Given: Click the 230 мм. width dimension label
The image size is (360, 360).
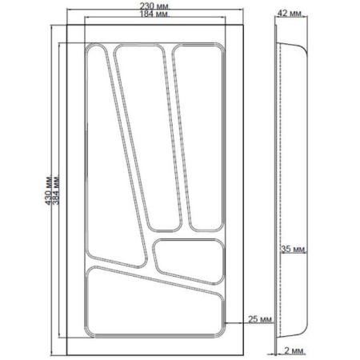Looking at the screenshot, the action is pos(155,6).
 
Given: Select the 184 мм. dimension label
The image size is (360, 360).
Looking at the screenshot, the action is pos(155,14).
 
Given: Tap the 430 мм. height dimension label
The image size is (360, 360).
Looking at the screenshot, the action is pos(48,190).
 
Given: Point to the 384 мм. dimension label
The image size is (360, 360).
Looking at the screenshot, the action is pos(56,190).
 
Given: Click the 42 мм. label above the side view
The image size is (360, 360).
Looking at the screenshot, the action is pos(290,13).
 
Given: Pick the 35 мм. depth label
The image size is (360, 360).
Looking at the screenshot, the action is pos(294,249).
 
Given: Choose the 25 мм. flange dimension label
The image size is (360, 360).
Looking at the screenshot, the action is pos(261,319).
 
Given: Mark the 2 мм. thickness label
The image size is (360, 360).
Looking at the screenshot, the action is pos(294,350).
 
